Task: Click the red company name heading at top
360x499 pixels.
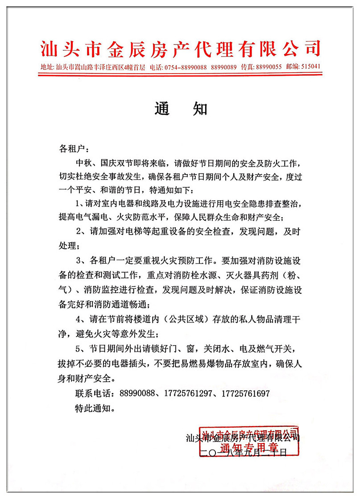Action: [180, 48]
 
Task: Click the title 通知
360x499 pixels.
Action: [181, 108]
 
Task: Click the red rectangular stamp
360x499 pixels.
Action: [250, 440]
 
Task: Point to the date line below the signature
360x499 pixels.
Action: [243, 453]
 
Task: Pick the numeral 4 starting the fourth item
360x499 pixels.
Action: [79, 319]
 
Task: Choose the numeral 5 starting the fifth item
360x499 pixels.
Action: [79, 347]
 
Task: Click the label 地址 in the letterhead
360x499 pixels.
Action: [46, 67]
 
